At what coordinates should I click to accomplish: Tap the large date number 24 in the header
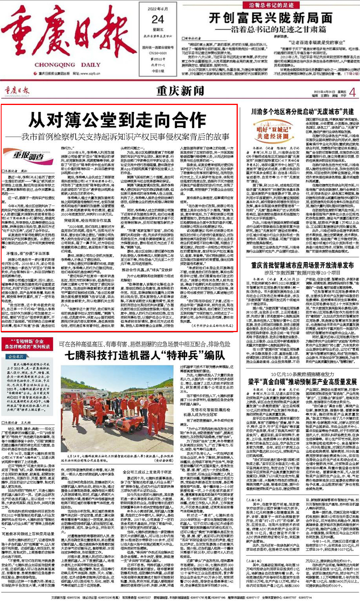coord(158,19)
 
